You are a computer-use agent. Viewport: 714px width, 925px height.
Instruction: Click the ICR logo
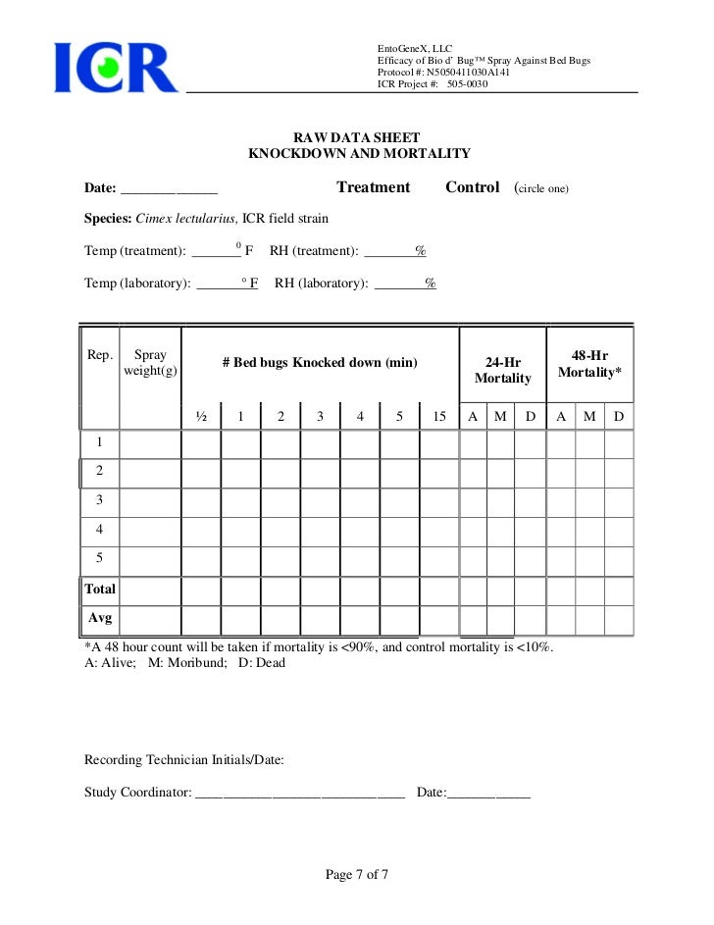[116, 67]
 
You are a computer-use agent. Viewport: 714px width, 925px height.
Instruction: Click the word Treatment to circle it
[373, 187]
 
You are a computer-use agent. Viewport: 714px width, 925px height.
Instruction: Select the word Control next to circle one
[472, 187]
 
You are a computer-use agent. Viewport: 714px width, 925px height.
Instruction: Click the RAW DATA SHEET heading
[358, 137]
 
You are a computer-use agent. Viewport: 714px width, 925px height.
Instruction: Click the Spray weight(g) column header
[150, 363]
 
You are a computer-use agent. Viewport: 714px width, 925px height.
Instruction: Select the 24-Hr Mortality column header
[502, 370]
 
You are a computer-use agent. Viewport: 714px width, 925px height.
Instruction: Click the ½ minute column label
[201, 417]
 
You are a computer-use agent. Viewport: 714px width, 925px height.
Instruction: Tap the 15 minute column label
[439, 417]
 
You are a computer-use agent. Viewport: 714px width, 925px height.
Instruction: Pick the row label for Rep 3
[99, 500]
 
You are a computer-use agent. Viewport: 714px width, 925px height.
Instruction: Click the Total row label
[100, 590]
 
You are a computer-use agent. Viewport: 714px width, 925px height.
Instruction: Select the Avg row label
[100, 619]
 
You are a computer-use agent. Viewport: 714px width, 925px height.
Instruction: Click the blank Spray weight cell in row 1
[150, 444]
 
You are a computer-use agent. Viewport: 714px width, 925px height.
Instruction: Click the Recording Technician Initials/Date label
[184, 760]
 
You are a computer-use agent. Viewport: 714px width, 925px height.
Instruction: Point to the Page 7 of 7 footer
[357, 875]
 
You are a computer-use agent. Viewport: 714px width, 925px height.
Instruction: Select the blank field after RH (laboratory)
[405, 285]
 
